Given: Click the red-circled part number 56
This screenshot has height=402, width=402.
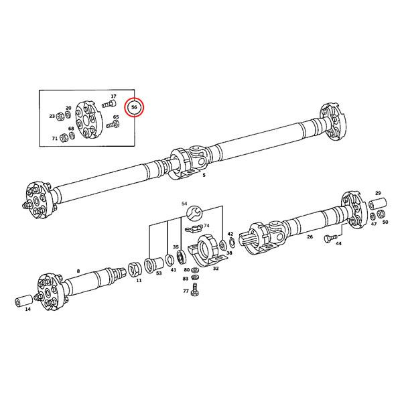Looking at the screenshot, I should (134, 107).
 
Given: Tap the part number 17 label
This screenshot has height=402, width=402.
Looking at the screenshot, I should (113, 96).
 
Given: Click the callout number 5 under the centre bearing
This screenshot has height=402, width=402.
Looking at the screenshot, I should (204, 176).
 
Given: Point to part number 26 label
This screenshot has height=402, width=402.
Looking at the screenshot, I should (310, 237).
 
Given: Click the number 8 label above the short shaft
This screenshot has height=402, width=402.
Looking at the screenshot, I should (78, 271).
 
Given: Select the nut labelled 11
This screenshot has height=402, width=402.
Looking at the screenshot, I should (133, 270).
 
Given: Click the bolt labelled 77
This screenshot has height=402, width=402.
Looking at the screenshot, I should (195, 289).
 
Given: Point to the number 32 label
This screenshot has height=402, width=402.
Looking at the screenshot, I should (216, 268).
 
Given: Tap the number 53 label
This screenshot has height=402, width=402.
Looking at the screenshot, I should (159, 273).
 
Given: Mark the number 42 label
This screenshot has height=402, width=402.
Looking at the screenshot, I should (230, 234).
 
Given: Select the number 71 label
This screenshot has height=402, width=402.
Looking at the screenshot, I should (55, 138).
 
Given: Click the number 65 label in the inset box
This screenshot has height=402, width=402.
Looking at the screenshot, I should (116, 117).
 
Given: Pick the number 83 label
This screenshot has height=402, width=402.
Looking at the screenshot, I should (186, 278).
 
